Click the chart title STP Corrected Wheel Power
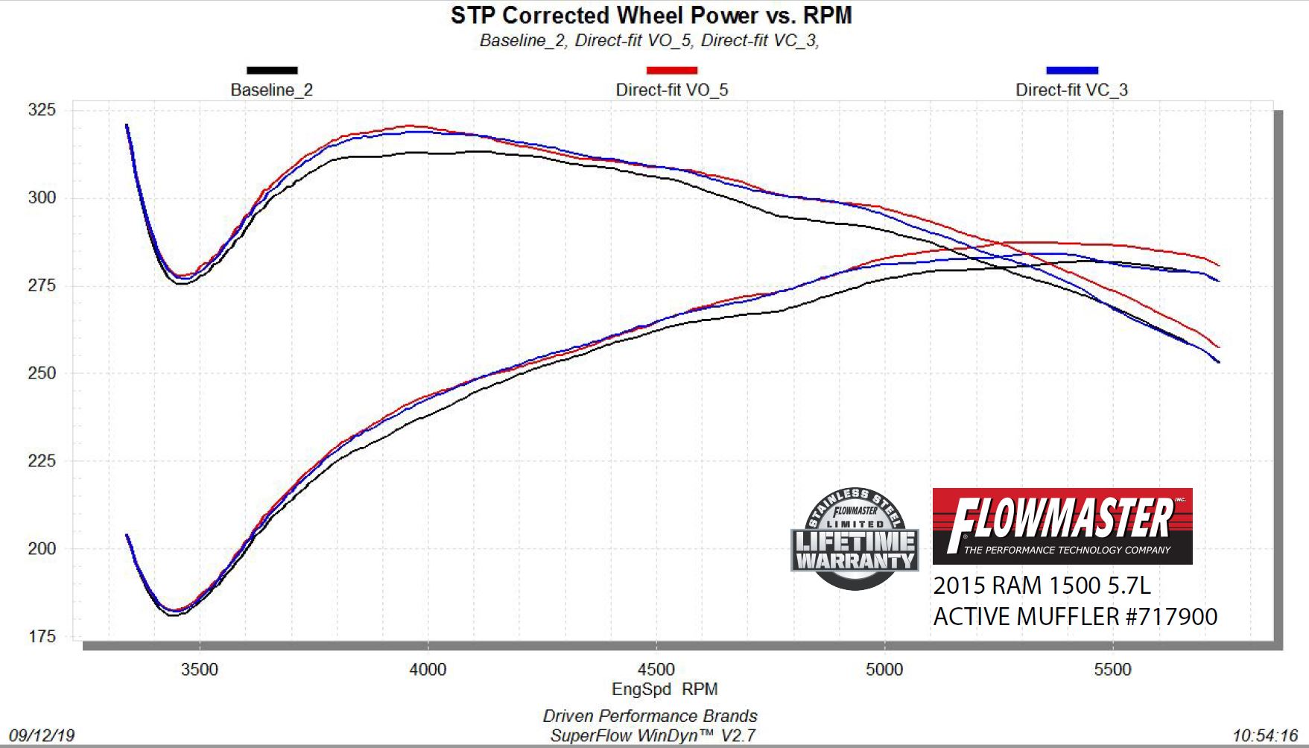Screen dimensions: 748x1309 coord(650,16)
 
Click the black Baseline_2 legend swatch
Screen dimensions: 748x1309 coord(272,71)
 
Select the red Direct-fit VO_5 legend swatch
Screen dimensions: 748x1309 coord(671,71)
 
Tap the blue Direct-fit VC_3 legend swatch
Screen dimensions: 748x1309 coord(1071,71)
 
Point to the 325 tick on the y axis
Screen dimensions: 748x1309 coord(42,110)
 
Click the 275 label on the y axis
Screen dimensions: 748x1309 coord(42,286)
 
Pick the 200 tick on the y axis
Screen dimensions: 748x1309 coord(42,549)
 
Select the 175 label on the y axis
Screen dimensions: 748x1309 coord(42,637)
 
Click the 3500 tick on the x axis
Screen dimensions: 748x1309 coord(200,669)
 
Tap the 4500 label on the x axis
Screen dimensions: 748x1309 coord(656,669)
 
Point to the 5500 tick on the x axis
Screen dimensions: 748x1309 coord(1112,669)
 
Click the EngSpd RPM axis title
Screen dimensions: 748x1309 coord(665,689)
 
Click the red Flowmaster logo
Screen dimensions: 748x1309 coord(1062,526)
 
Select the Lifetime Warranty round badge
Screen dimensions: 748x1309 coord(855,539)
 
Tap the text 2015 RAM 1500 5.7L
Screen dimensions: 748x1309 coord(1042,586)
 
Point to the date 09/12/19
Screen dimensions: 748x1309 coord(42,736)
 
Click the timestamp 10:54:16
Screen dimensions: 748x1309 coord(1264,736)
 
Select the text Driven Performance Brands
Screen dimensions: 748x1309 coord(650,716)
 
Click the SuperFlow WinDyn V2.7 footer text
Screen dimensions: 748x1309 coord(653,736)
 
